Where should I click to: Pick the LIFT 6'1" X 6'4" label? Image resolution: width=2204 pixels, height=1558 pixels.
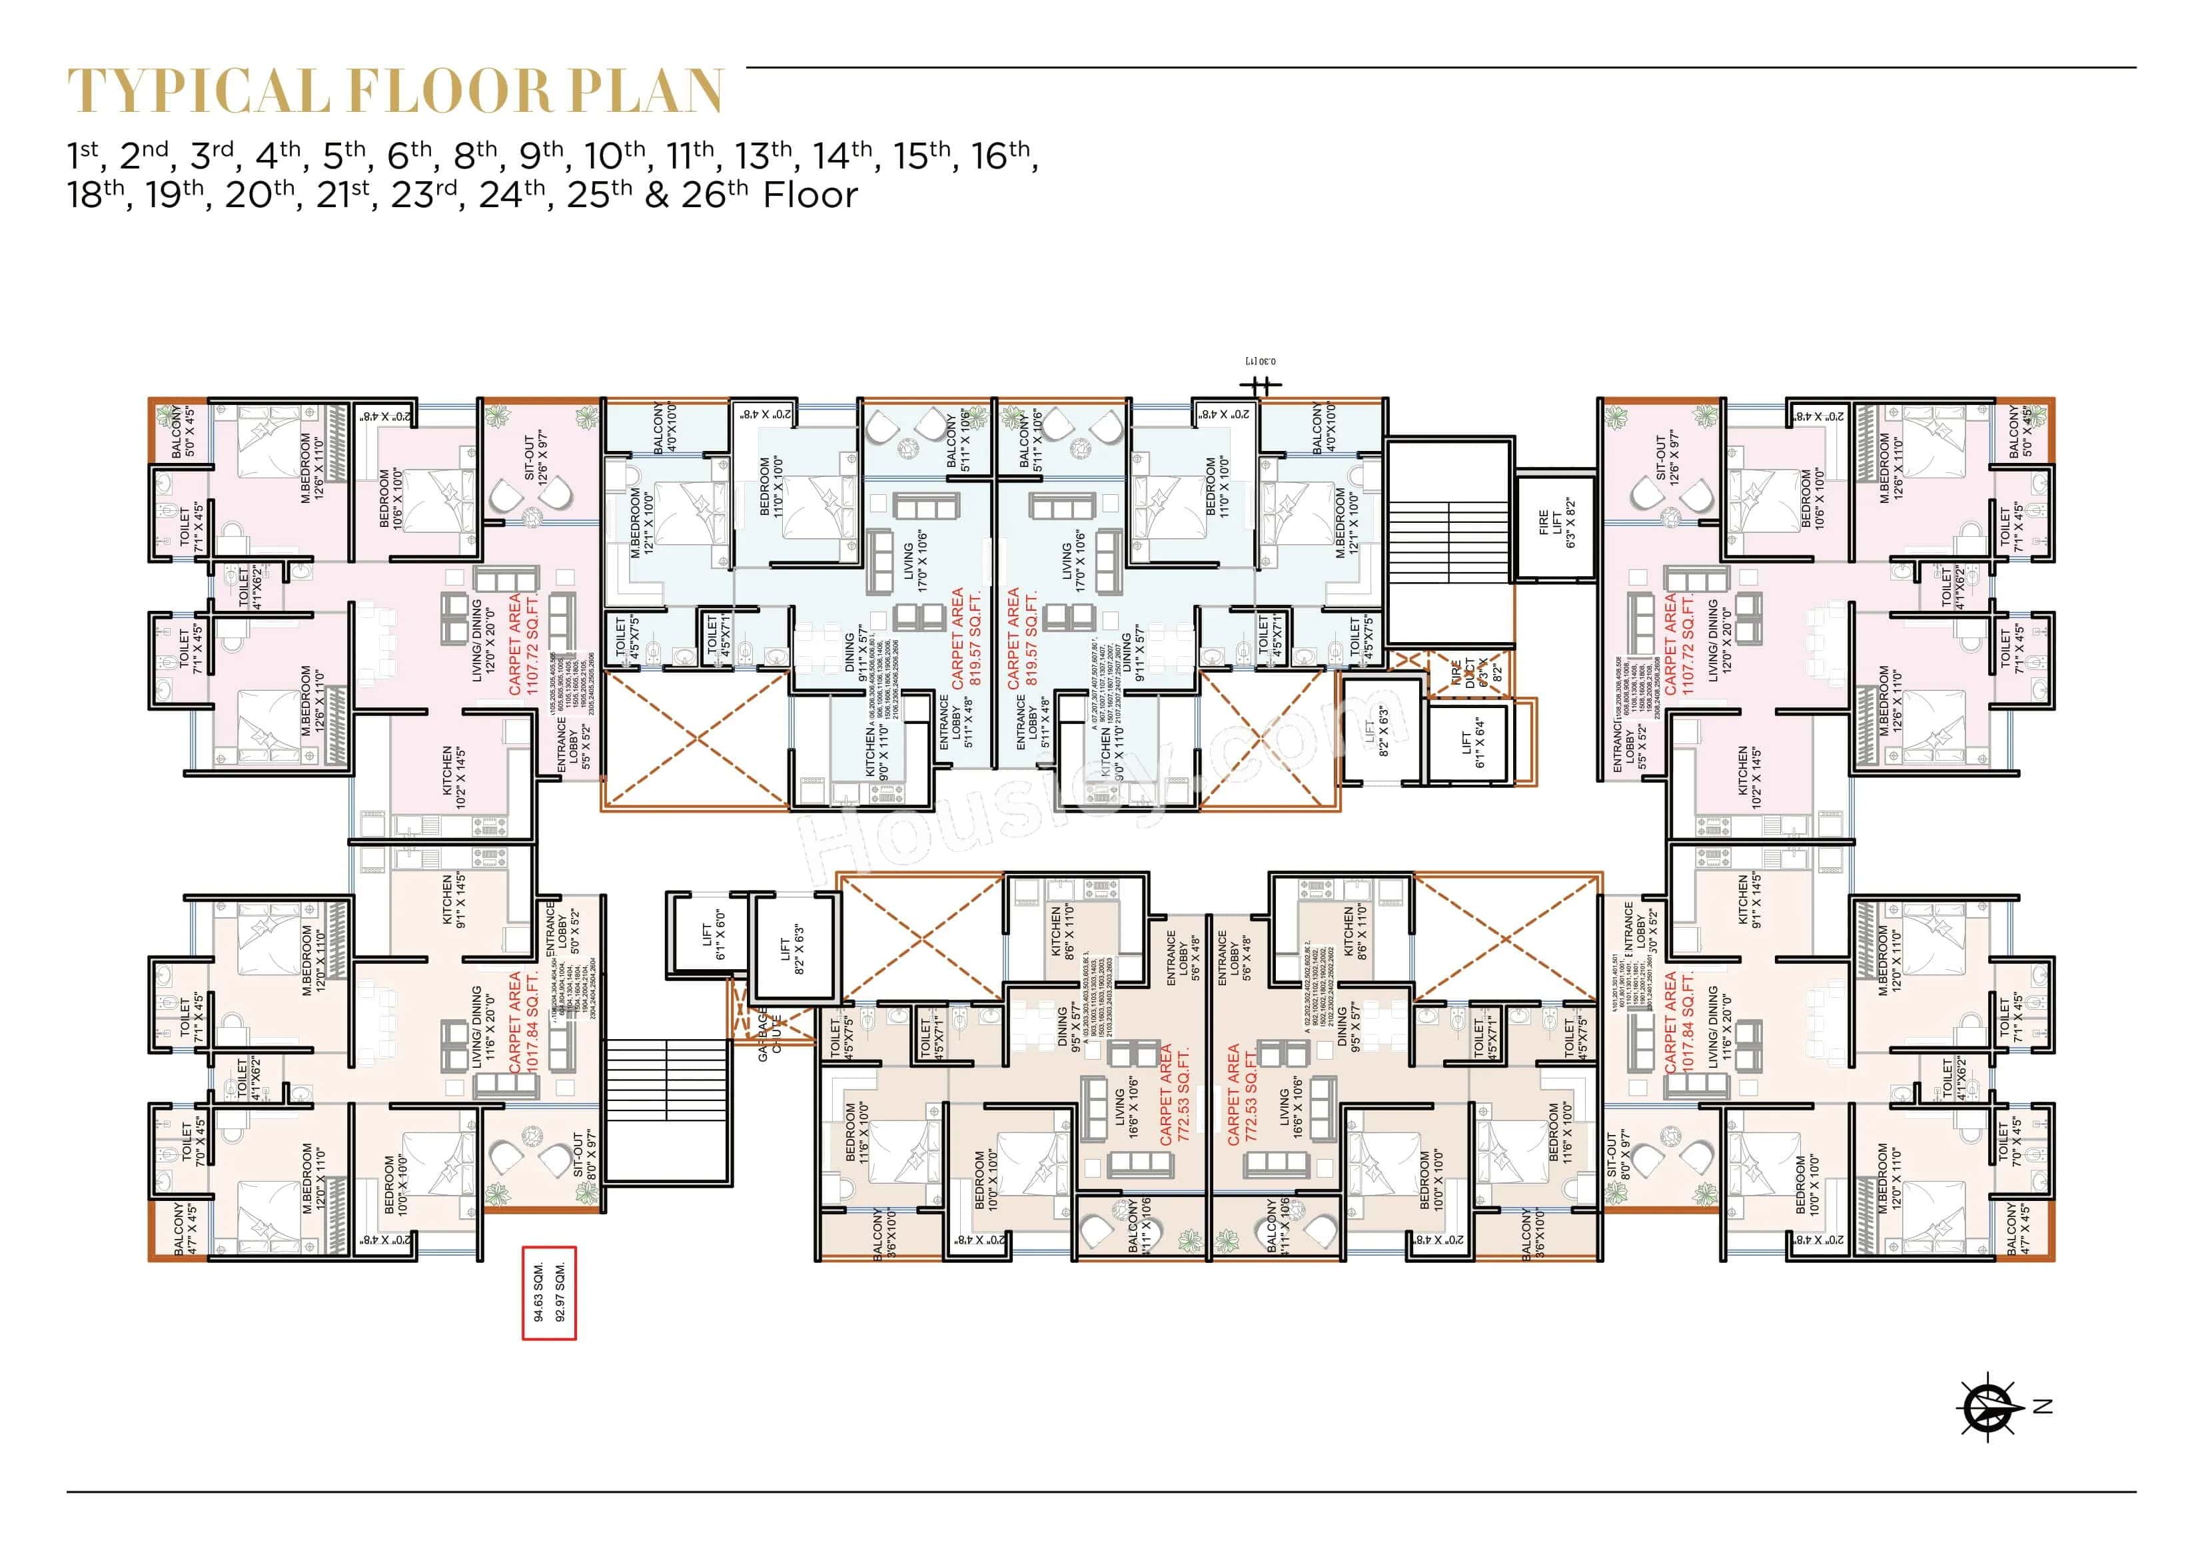tap(1472, 744)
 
